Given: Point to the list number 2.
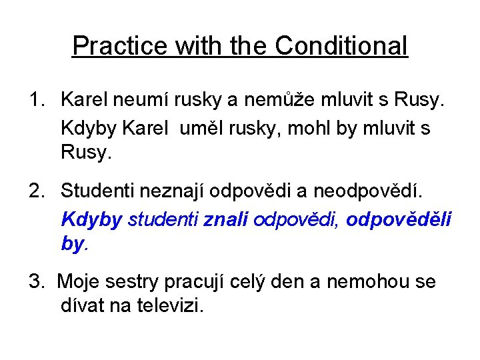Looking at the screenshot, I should pyautogui.click(x=35, y=193).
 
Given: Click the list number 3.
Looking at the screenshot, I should pyautogui.click(x=35, y=282).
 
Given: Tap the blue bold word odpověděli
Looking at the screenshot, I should pyautogui.click(x=399, y=219).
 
